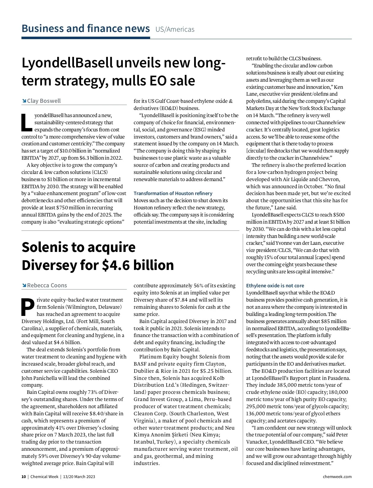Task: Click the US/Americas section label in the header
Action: (175, 30)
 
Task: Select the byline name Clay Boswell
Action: (44, 101)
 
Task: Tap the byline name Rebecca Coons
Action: (47, 285)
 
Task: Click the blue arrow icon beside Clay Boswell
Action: (24, 101)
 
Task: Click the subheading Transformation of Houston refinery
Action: (173, 193)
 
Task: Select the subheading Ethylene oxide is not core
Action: (275, 285)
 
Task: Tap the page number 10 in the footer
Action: (24, 477)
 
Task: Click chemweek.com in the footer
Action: (337, 477)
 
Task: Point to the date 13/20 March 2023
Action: (79, 477)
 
